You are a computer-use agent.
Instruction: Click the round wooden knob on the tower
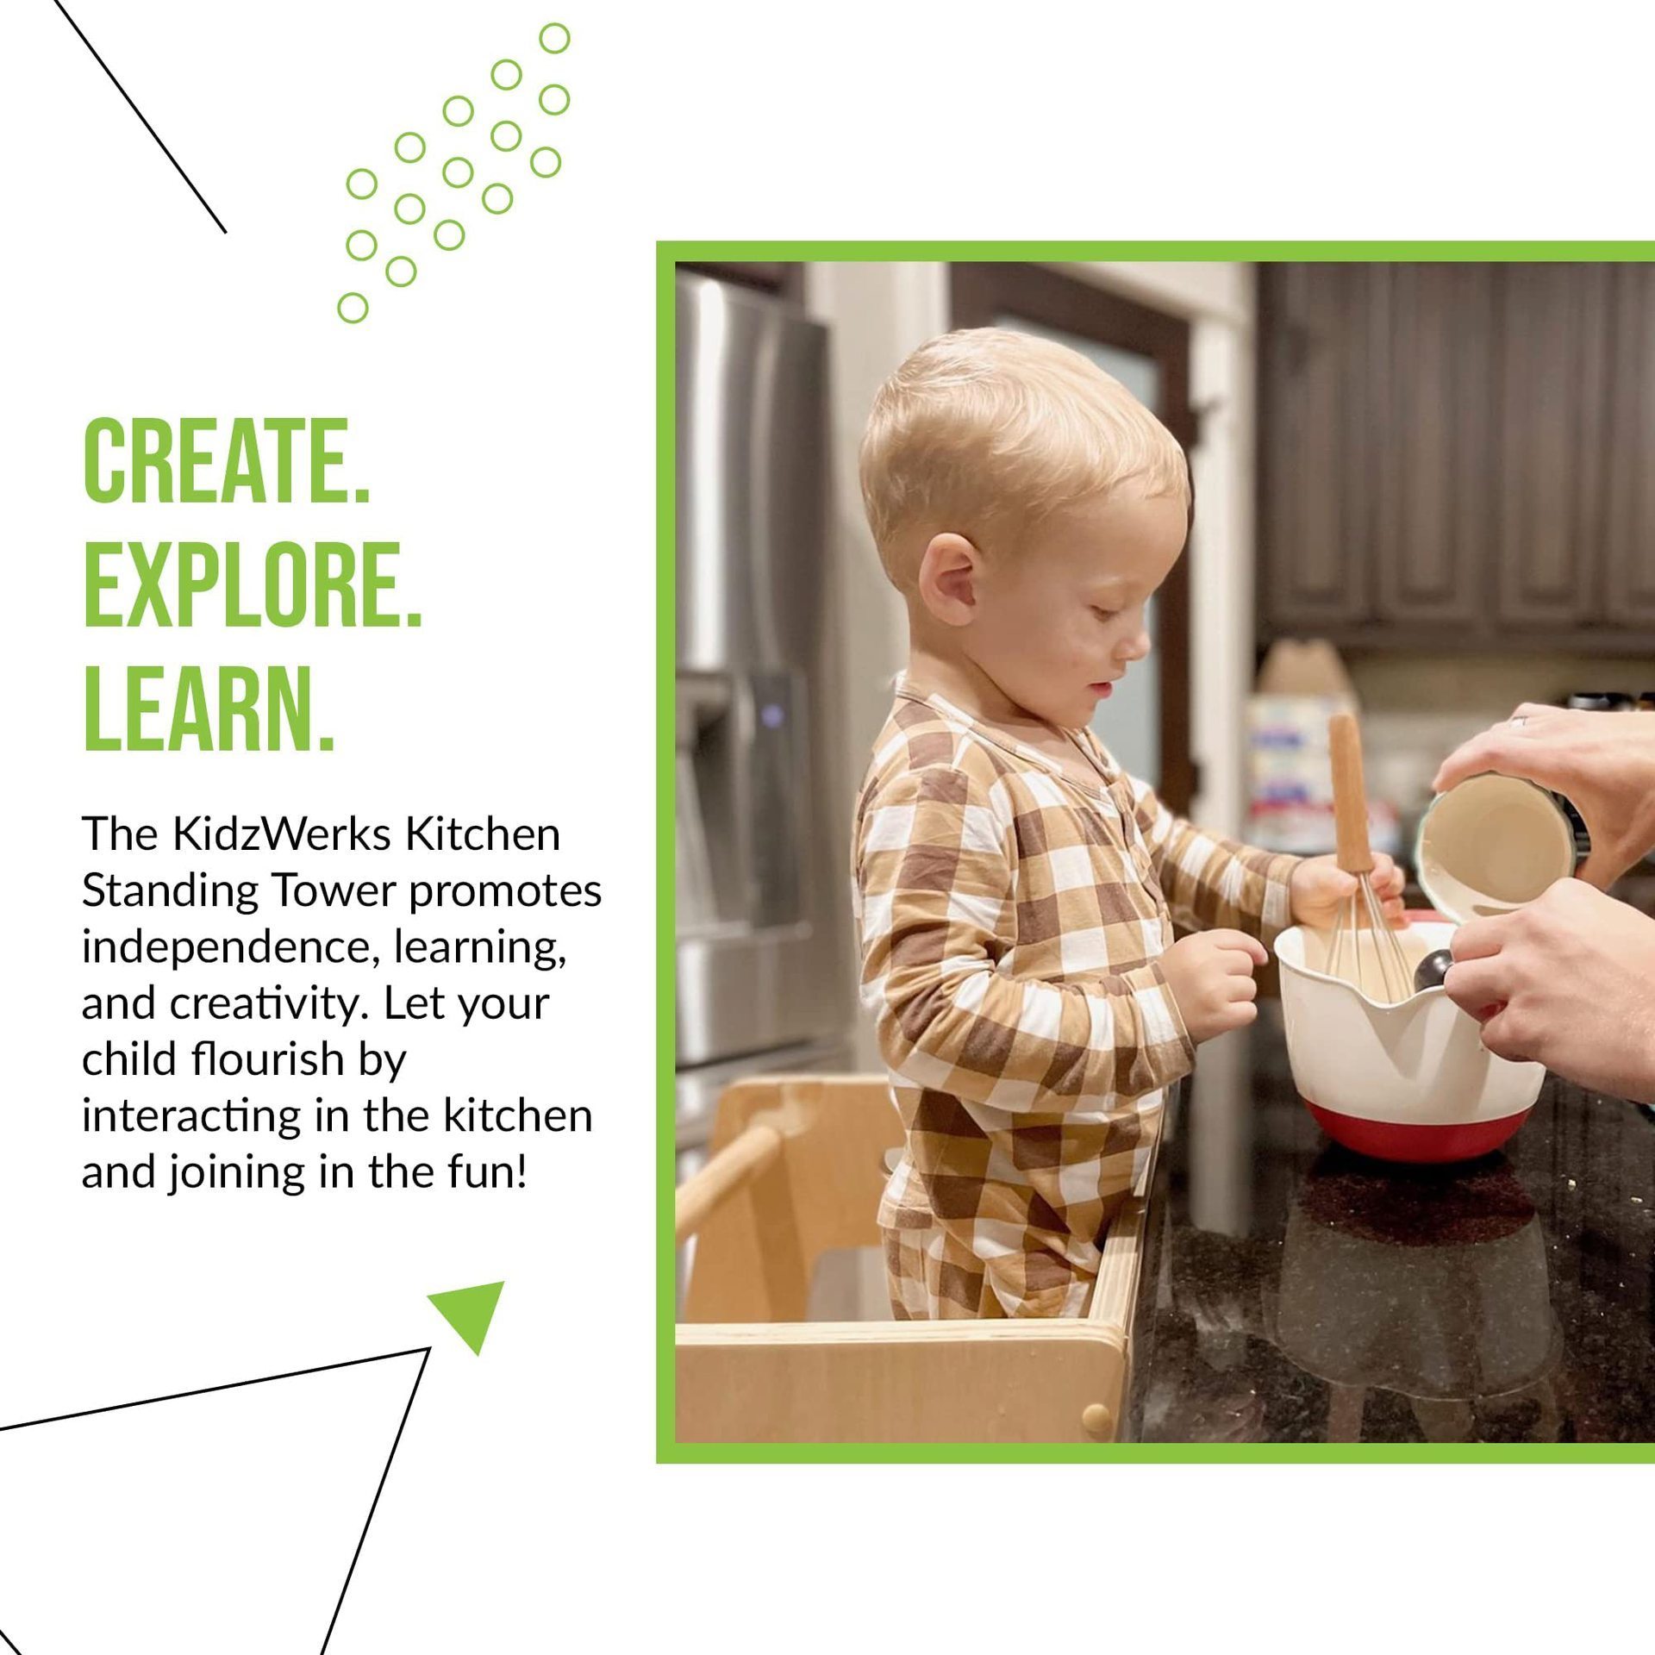[x=1096, y=1415]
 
